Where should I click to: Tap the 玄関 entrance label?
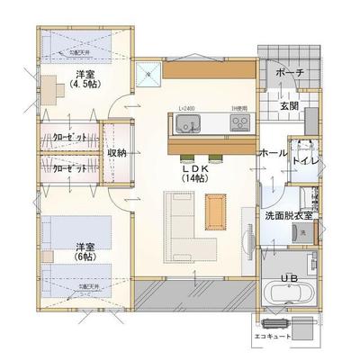(x=289, y=105)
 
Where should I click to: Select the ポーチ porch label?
(x=290, y=72)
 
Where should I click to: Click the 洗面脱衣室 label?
(x=288, y=216)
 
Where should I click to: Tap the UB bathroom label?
(x=290, y=277)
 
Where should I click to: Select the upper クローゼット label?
(x=70, y=139)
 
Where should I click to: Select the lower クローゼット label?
(x=70, y=168)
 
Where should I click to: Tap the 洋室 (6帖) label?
(x=86, y=249)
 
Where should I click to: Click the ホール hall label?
(x=273, y=154)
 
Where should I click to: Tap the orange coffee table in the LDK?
(x=214, y=211)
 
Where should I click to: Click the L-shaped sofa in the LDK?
(x=189, y=225)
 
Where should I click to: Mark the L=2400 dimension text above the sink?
(x=186, y=108)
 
